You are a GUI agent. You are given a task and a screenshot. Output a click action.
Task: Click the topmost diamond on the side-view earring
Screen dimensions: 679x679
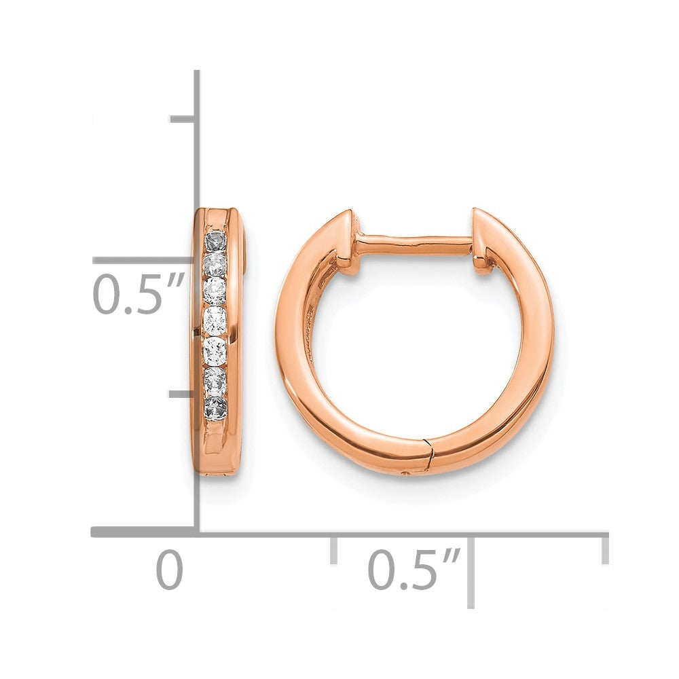tap(215, 241)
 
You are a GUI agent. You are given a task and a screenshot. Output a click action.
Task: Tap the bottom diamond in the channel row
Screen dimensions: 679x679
tap(215, 409)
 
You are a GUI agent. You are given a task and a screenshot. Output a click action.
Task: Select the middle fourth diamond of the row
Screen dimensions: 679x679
tap(215, 318)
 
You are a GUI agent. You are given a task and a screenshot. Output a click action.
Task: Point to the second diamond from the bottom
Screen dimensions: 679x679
tap(215, 382)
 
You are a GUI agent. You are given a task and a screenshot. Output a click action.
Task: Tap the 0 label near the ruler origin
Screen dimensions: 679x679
tap(170, 570)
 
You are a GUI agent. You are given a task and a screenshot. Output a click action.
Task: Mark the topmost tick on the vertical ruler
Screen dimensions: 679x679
tap(183, 119)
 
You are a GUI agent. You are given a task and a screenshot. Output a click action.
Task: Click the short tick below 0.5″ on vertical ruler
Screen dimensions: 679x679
tap(183, 393)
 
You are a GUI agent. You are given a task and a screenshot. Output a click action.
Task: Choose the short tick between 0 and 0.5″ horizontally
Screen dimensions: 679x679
tap(333, 549)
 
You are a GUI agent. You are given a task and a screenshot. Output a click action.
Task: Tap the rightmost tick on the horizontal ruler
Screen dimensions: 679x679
tap(604, 549)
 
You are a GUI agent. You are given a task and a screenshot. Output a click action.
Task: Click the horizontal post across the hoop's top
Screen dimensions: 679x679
tap(414, 242)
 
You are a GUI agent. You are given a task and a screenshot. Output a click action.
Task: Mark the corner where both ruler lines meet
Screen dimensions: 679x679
tap(197, 532)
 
